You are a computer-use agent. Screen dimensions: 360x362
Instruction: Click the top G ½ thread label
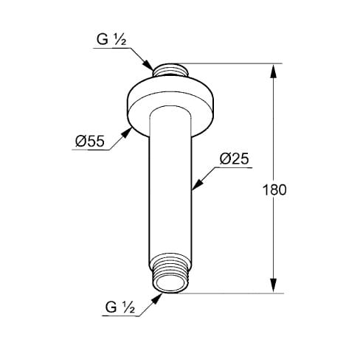[111, 40]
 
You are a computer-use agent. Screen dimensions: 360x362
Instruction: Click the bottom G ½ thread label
[120, 307]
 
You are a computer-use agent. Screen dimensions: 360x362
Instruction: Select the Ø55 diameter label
[90, 141]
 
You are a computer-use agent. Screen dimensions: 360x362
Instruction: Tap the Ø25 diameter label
[235, 159]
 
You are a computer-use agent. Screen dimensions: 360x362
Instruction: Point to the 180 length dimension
[274, 189]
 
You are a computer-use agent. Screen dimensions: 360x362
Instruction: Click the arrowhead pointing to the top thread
[148, 65]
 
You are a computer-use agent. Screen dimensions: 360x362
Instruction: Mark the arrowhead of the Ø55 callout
[127, 133]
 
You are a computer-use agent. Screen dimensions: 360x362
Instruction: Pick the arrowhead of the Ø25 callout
[198, 184]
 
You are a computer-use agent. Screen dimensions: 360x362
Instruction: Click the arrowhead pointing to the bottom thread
[156, 299]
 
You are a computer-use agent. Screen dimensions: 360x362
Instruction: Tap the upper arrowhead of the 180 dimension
[274, 72]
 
